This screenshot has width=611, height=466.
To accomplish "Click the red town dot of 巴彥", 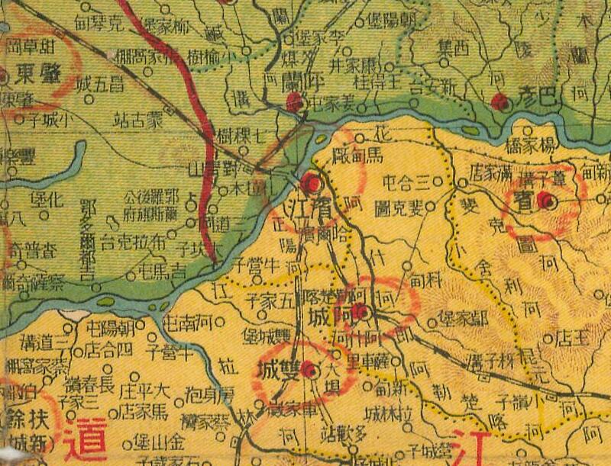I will (501, 101).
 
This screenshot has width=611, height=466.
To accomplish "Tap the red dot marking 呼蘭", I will (294, 100).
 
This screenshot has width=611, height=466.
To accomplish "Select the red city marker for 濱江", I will (311, 183).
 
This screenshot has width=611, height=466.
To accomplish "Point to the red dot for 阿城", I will (366, 312).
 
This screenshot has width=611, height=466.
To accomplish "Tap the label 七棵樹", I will (241, 137).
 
